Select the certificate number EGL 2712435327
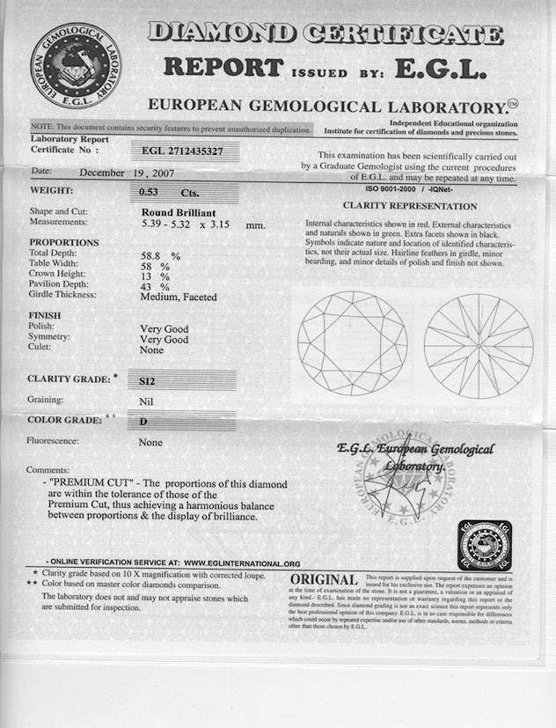(x=182, y=151)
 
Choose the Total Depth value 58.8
(x=154, y=255)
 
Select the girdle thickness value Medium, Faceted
(x=179, y=298)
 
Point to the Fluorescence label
(x=53, y=441)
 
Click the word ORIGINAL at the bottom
(x=324, y=580)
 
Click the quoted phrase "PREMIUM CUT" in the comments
(x=91, y=485)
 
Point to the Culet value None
(x=152, y=349)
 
